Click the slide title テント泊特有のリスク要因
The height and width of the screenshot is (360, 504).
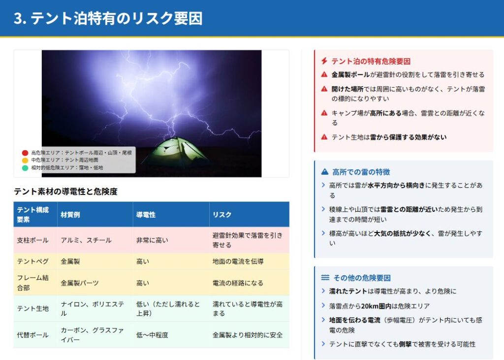[116, 18]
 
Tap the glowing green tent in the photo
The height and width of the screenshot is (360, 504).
[175, 153]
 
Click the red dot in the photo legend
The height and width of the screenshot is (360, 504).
[25, 153]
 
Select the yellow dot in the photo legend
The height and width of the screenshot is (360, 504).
[25, 160]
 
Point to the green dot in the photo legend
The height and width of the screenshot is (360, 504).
[25, 167]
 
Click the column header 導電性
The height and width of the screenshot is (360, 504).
[146, 215]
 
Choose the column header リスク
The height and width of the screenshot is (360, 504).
[222, 215]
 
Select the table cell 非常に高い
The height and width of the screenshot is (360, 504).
[152, 240]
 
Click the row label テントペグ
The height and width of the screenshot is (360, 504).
[33, 261]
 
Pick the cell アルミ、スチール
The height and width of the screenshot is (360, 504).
[86, 240]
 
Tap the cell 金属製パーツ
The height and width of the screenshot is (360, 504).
[80, 283]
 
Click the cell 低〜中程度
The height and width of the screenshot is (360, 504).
[152, 335]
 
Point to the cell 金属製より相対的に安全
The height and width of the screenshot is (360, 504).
[248, 335]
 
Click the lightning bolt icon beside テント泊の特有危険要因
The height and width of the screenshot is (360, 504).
[324, 61]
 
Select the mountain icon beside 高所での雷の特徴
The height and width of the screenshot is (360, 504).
[325, 172]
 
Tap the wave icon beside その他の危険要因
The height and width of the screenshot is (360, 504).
[325, 277]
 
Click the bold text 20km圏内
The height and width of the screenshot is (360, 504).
[373, 306]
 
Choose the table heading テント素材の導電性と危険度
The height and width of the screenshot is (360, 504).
[65, 192]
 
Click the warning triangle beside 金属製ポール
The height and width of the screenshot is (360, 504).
[324, 75]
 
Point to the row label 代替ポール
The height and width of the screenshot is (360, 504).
[33, 335]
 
